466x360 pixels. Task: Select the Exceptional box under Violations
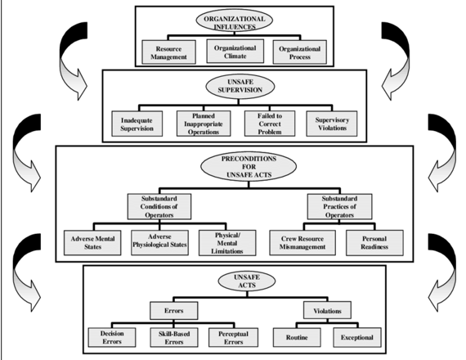pos(364,337)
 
